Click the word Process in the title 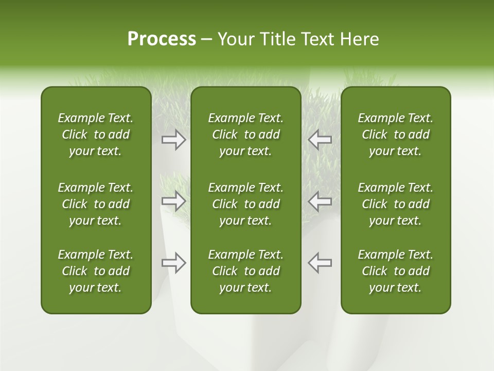(162, 39)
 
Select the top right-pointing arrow (174, 139)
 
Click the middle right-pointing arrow (174, 201)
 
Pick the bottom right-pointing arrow (174, 263)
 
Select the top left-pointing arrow (320, 139)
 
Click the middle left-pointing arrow (320, 201)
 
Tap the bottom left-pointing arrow (320, 263)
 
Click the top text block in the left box (96, 134)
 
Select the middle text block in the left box (96, 204)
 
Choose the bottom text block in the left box (96, 271)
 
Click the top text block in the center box (245, 134)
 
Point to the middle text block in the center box (245, 204)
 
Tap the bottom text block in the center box (245, 271)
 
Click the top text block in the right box (395, 134)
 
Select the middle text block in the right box (395, 204)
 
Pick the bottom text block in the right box (395, 271)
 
